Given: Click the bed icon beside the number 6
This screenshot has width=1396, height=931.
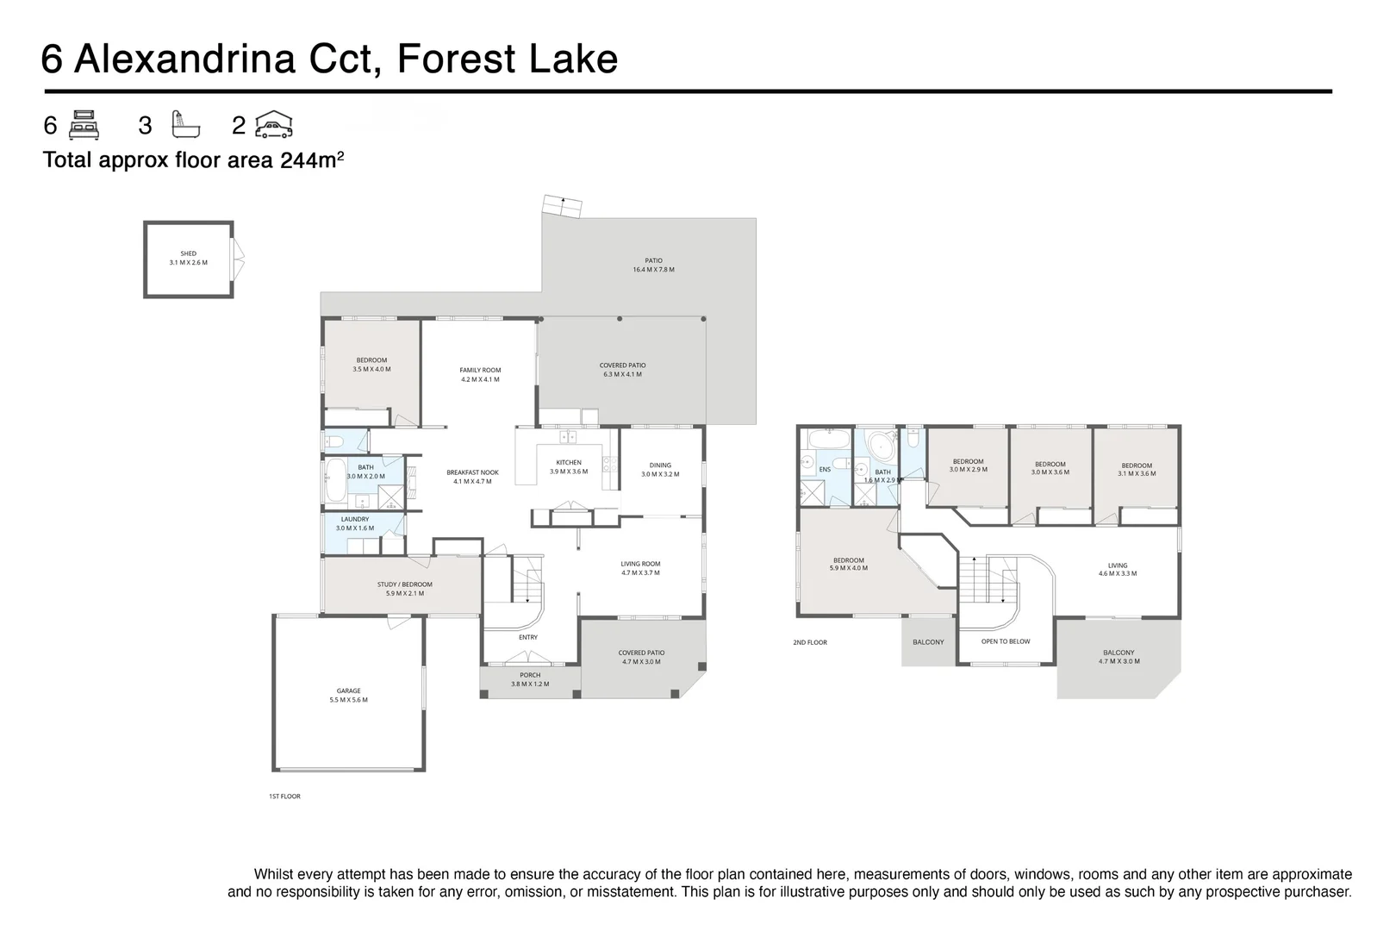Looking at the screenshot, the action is (84, 125).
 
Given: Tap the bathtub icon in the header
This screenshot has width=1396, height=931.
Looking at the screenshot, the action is (186, 125).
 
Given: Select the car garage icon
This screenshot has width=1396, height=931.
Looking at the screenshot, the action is (274, 124).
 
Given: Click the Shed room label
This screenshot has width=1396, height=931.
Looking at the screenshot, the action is (188, 258).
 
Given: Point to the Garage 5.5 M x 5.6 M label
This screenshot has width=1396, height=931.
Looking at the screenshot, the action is (348, 696).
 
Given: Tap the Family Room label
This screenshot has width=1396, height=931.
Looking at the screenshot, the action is (480, 375).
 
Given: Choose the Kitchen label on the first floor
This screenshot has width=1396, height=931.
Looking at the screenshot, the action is (569, 467).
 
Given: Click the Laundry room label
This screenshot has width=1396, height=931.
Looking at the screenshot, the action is (355, 524).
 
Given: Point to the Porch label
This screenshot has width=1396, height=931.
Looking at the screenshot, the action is (530, 679).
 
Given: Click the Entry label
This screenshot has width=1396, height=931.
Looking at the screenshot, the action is (528, 637).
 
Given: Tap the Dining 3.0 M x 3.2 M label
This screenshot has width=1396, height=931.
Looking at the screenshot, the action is (660, 470).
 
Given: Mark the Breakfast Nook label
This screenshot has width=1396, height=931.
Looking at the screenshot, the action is (472, 477).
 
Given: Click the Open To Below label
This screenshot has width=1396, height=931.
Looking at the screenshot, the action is (1006, 641).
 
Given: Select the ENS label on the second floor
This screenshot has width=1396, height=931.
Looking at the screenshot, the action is (825, 470).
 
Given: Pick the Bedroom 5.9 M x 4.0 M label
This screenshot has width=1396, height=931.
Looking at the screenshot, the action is (848, 565).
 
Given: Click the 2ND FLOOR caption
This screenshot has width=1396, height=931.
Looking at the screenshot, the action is (809, 642).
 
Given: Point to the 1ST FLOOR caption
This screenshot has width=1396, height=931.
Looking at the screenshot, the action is (284, 797).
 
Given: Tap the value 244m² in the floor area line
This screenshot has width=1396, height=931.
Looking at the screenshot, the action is (312, 159).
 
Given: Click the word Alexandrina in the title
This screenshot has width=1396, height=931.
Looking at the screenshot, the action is (184, 59).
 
